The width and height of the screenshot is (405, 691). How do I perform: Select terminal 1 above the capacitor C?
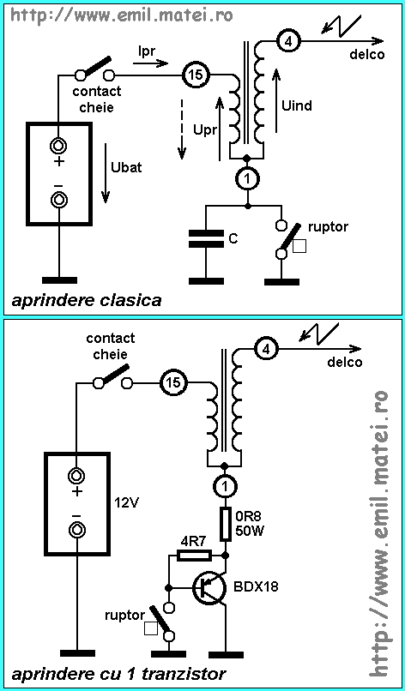click(x=246, y=179)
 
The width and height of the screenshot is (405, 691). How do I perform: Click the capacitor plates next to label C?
click(x=206, y=238)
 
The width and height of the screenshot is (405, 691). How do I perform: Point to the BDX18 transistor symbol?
click(x=209, y=587)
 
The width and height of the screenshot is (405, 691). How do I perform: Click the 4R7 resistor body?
click(x=194, y=556)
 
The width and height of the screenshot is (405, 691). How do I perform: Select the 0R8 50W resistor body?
click(x=226, y=524)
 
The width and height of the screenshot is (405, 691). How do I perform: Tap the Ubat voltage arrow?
click(x=105, y=173)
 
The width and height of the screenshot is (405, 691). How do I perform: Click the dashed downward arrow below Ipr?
click(x=182, y=129)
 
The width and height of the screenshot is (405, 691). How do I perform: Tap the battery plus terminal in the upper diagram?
click(x=58, y=145)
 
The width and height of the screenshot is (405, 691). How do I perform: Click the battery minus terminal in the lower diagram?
click(x=76, y=528)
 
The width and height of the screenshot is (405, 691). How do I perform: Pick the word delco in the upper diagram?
click(x=366, y=55)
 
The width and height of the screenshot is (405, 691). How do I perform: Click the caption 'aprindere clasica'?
click(x=86, y=302)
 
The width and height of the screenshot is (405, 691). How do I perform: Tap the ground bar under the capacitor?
click(x=206, y=280)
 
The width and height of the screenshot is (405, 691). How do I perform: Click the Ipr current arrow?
click(x=150, y=63)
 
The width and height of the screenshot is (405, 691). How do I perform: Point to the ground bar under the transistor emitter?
click(x=226, y=654)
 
